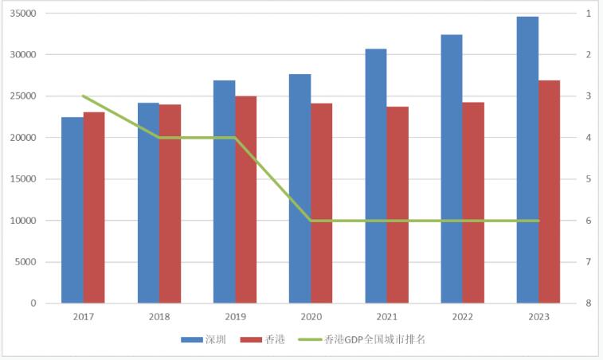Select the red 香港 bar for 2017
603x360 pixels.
[x=94, y=207]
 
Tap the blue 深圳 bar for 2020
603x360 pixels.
[x=300, y=188]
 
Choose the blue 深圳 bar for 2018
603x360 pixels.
[x=148, y=202]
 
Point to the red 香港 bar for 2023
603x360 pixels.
[x=550, y=191]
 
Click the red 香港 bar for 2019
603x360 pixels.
[x=246, y=199]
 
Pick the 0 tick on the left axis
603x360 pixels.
[x=34, y=303]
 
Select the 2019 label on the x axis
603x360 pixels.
[x=235, y=316]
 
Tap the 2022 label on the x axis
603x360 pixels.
[x=463, y=316]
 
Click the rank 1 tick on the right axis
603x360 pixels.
[x=587, y=14]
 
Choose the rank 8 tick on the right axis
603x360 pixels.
[x=587, y=303]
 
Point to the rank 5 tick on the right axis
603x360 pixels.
[x=587, y=179]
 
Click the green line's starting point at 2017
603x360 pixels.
[x=83, y=96]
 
